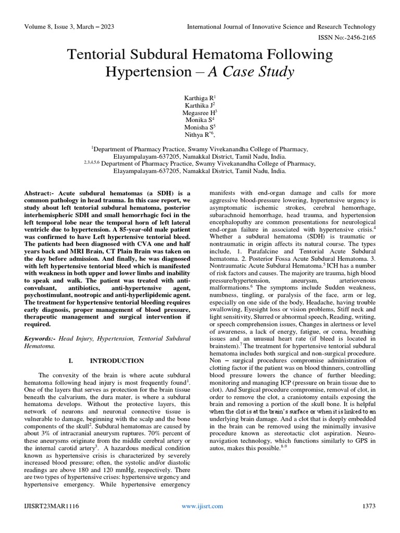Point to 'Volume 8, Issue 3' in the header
pos(55,27)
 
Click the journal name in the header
pos(281,27)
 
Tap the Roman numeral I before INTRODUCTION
pos(70,360)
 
